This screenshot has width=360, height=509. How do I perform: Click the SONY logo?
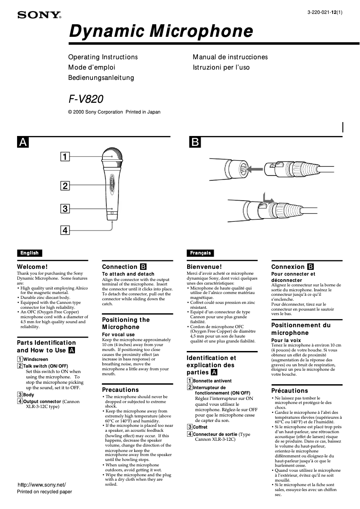point(39,15)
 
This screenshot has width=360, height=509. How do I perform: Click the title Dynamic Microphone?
point(160,31)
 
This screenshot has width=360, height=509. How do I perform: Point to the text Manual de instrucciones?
point(230,57)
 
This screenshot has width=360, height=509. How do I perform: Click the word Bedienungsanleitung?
point(101,78)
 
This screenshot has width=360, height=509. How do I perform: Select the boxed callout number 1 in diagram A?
point(65,157)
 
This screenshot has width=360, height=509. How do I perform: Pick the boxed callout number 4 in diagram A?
point(65,230)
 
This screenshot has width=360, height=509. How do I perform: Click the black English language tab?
point(29,253)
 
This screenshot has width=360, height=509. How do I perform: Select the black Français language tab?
point(200,253)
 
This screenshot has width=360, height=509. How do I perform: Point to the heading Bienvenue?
point(204,267)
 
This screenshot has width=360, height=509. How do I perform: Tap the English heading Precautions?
point(120,390)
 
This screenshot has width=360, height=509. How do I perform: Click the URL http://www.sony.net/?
point(41,485)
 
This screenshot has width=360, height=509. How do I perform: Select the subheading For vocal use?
point(118,334)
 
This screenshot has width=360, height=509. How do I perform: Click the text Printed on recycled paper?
point(44,492)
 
